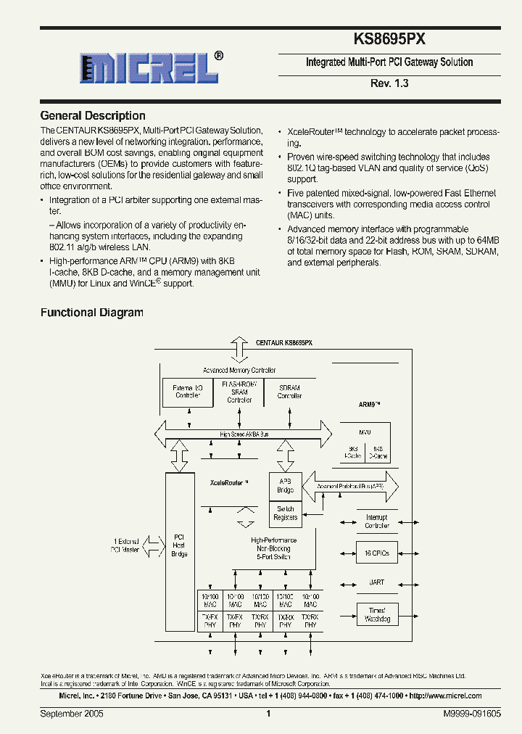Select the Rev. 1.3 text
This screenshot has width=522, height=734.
[x=389, y=83]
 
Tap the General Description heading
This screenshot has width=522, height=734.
[x=93, y=116]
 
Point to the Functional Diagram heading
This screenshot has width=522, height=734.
[x=91, y=313]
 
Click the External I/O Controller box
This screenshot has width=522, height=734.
[x=188, y=392]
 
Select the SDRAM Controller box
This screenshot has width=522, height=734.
[x=289, y=392]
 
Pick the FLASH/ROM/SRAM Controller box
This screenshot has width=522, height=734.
[x=239, y=392]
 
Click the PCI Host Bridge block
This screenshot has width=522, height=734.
[x=179, y=545]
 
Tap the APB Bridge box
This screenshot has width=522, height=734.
[x=285, y=485]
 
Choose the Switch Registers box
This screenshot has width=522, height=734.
[x=285, y=514]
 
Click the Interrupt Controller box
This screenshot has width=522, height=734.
[x=376, y=521]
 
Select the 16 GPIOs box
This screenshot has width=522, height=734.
[x=376, y=553]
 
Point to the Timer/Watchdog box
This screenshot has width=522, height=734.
[x=376, y=614]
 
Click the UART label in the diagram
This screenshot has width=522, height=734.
[x=376, y=582]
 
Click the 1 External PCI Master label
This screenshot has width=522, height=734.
[x=125, y=545]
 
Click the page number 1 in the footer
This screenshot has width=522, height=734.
[x=268, y=714]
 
